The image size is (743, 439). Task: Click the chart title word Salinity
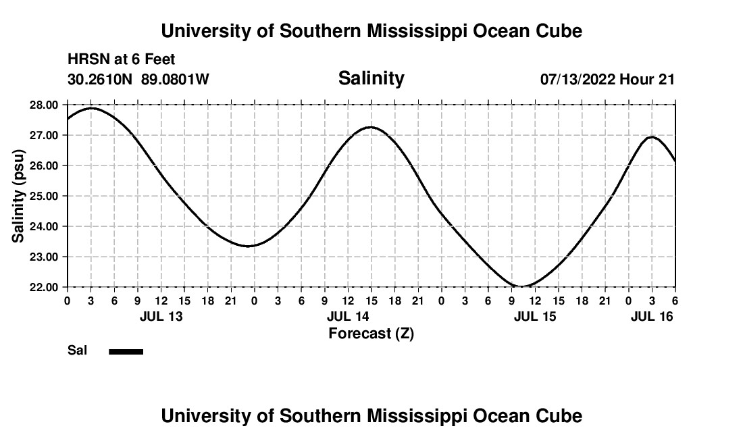click(x=371, y=78)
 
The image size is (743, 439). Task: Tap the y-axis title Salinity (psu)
click(x=19, y=196)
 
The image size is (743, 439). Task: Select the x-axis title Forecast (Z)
click(x=371, y=334)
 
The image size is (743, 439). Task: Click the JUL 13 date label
click(x=161, y=316)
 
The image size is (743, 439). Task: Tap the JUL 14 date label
click(x=348, y=316)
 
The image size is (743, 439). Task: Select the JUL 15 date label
click(x=535, y=316)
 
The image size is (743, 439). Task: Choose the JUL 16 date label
click(x=652, y=316)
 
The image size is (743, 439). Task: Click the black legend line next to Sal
click(x=126, y=351)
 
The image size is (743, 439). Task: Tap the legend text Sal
click(x=77, y=351)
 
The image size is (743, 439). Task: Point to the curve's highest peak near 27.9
click(x=92, y=108)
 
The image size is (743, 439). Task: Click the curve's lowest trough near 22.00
click(x=523, y=286)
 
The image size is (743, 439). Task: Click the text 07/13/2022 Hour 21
click(x=607, y=79)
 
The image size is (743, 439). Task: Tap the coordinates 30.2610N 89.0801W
click(x=138, y=79)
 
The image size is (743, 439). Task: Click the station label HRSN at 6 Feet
click(x=122, y=59)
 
